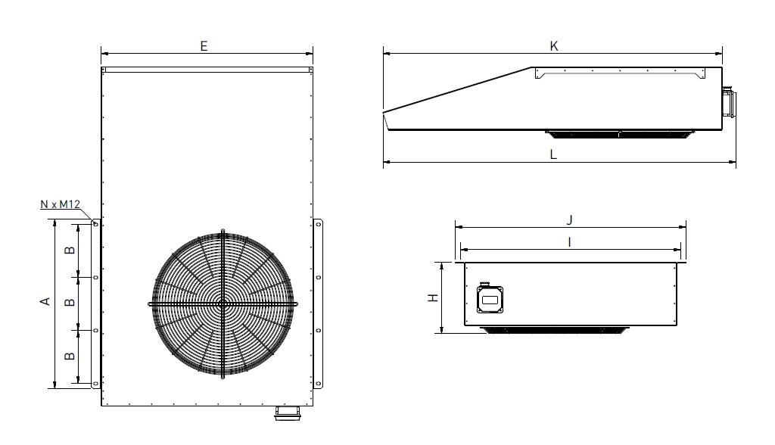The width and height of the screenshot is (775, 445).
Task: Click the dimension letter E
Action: (204, 46)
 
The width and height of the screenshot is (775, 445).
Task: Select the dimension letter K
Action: (554, 46)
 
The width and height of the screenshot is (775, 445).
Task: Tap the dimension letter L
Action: (553, 154)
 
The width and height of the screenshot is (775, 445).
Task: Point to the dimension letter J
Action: (569, 219)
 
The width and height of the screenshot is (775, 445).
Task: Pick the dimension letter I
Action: (570, 241)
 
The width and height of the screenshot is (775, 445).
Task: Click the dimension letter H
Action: (433, 297)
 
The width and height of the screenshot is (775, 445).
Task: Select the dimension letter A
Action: (45, 300)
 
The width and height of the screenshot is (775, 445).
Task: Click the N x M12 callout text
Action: (60, 204)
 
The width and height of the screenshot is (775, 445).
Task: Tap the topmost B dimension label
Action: (70, 251)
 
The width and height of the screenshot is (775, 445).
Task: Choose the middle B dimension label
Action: (70, 302)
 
